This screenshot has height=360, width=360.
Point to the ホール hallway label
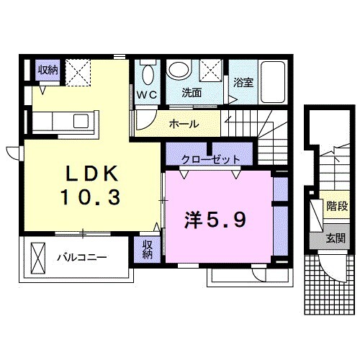click(184, 125)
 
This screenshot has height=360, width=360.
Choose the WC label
click(148, 94)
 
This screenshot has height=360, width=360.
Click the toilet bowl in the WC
click(148, 74)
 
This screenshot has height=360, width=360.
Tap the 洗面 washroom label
click(192, 94)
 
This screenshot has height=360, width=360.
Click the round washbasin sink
click(179, 71)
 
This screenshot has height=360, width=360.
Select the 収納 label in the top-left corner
click(48, 70)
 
